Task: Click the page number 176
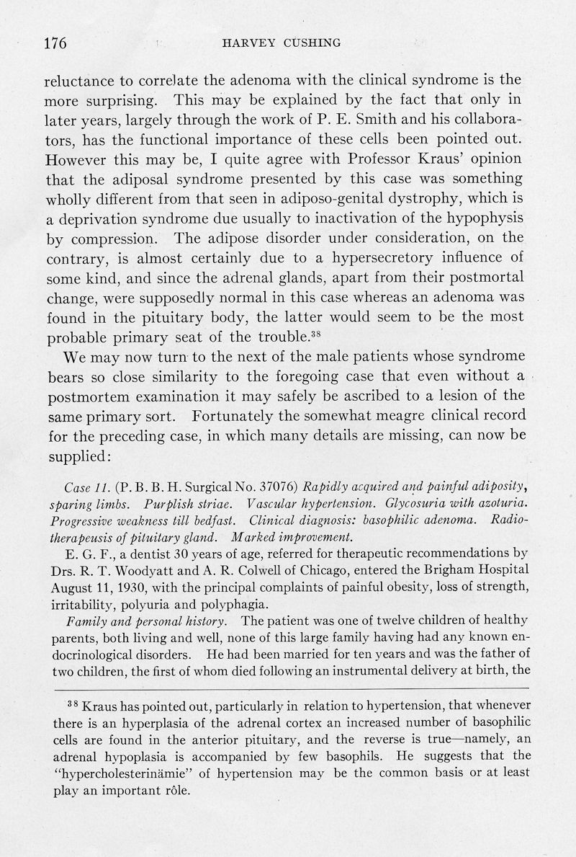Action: (x=55, y=44)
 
